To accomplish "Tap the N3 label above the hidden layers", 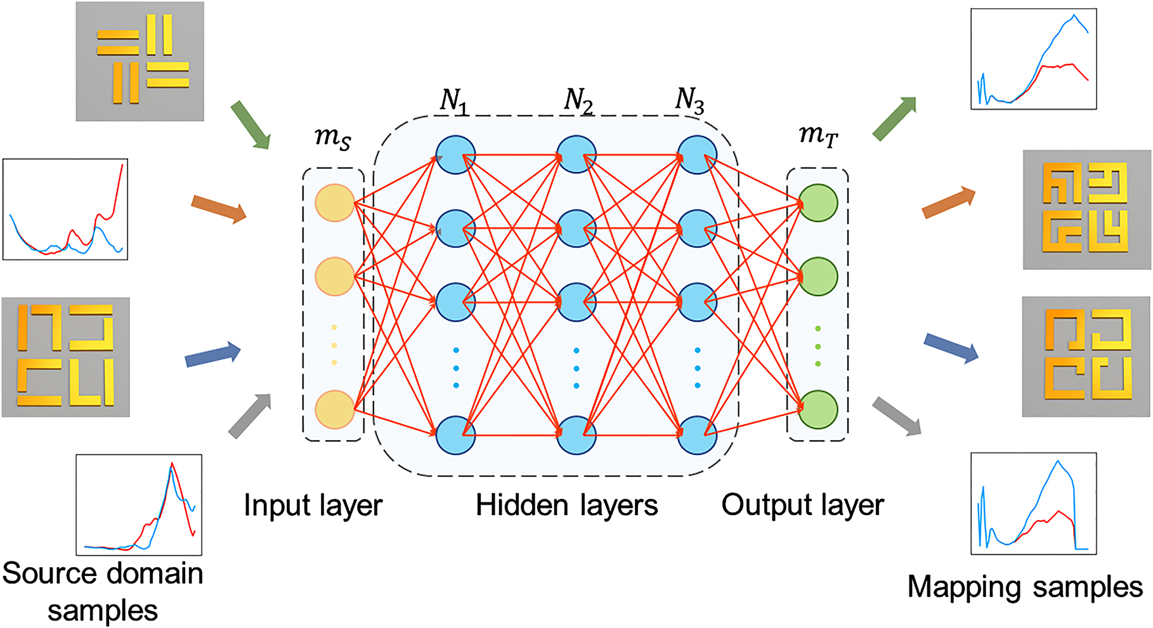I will coord(690,101).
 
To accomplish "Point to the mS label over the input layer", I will coord(333,138).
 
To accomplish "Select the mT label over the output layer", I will coord(818,135).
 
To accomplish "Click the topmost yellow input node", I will coord(334,203).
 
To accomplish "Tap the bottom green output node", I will coord(818,409).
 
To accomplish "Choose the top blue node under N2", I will coord(576,154).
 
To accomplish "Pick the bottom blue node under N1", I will coord(455,435).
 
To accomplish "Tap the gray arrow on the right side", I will coord(896,416).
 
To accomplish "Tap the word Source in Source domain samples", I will coord(44,573).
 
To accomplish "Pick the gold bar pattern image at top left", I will coord(140,61).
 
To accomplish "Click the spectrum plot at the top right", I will coord(1033,59).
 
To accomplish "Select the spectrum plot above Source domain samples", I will coord(139,505).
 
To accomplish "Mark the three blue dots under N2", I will coord(576,368).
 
